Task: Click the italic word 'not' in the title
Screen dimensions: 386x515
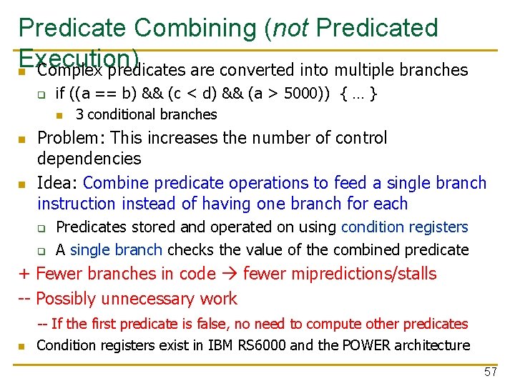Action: point(290,28)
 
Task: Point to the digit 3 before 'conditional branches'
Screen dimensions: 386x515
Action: point(79,114)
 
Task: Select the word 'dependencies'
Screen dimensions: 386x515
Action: point(89,158)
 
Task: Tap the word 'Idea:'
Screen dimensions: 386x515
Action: point(57,183)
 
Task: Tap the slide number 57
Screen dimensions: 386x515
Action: point(490,372)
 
